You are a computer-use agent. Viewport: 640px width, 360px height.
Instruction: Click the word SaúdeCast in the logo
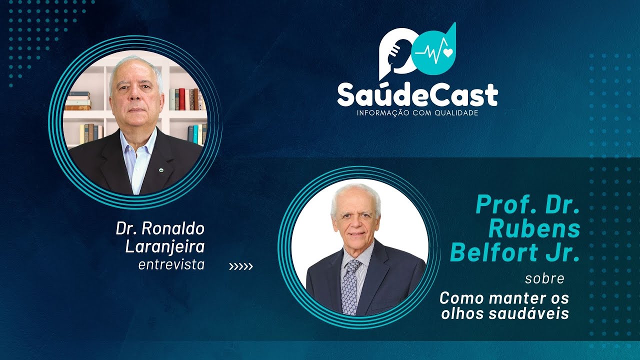[x=417, y=94]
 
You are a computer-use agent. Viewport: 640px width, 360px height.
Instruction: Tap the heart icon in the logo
[x=446, y=52]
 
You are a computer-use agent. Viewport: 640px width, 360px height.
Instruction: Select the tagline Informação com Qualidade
[x=417, y=113]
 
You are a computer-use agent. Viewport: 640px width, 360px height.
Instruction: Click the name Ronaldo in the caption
[x=173, y=229]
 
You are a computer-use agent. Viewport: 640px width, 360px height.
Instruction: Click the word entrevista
[x=171, y=264]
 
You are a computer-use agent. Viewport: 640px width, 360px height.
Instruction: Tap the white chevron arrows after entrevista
[x=241, y=266]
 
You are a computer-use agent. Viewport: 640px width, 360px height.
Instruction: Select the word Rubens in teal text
[x=534, y=229]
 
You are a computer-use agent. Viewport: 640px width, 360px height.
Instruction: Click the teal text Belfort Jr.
[x=515, y=253]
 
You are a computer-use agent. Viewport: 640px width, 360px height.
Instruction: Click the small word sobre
[x=544, y=278]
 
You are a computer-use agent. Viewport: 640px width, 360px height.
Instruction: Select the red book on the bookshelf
[x=181, y=99]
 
